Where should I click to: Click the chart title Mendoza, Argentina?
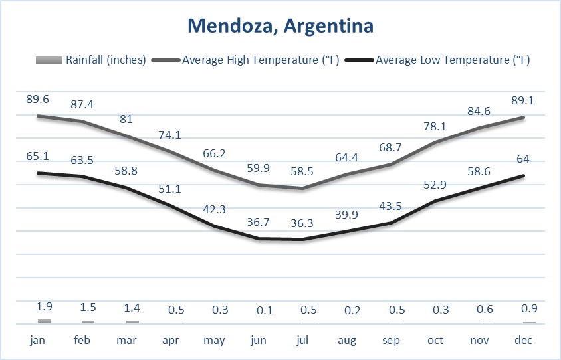[280, 26]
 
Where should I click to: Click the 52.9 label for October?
[435, 184]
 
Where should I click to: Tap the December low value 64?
[524, 159]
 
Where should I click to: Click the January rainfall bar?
[45, 321]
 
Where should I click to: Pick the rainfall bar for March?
[133, 322]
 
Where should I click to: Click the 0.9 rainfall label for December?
[524, 308]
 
